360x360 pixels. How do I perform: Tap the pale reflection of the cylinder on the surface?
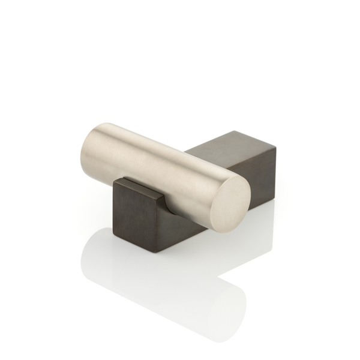pos(156,282)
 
